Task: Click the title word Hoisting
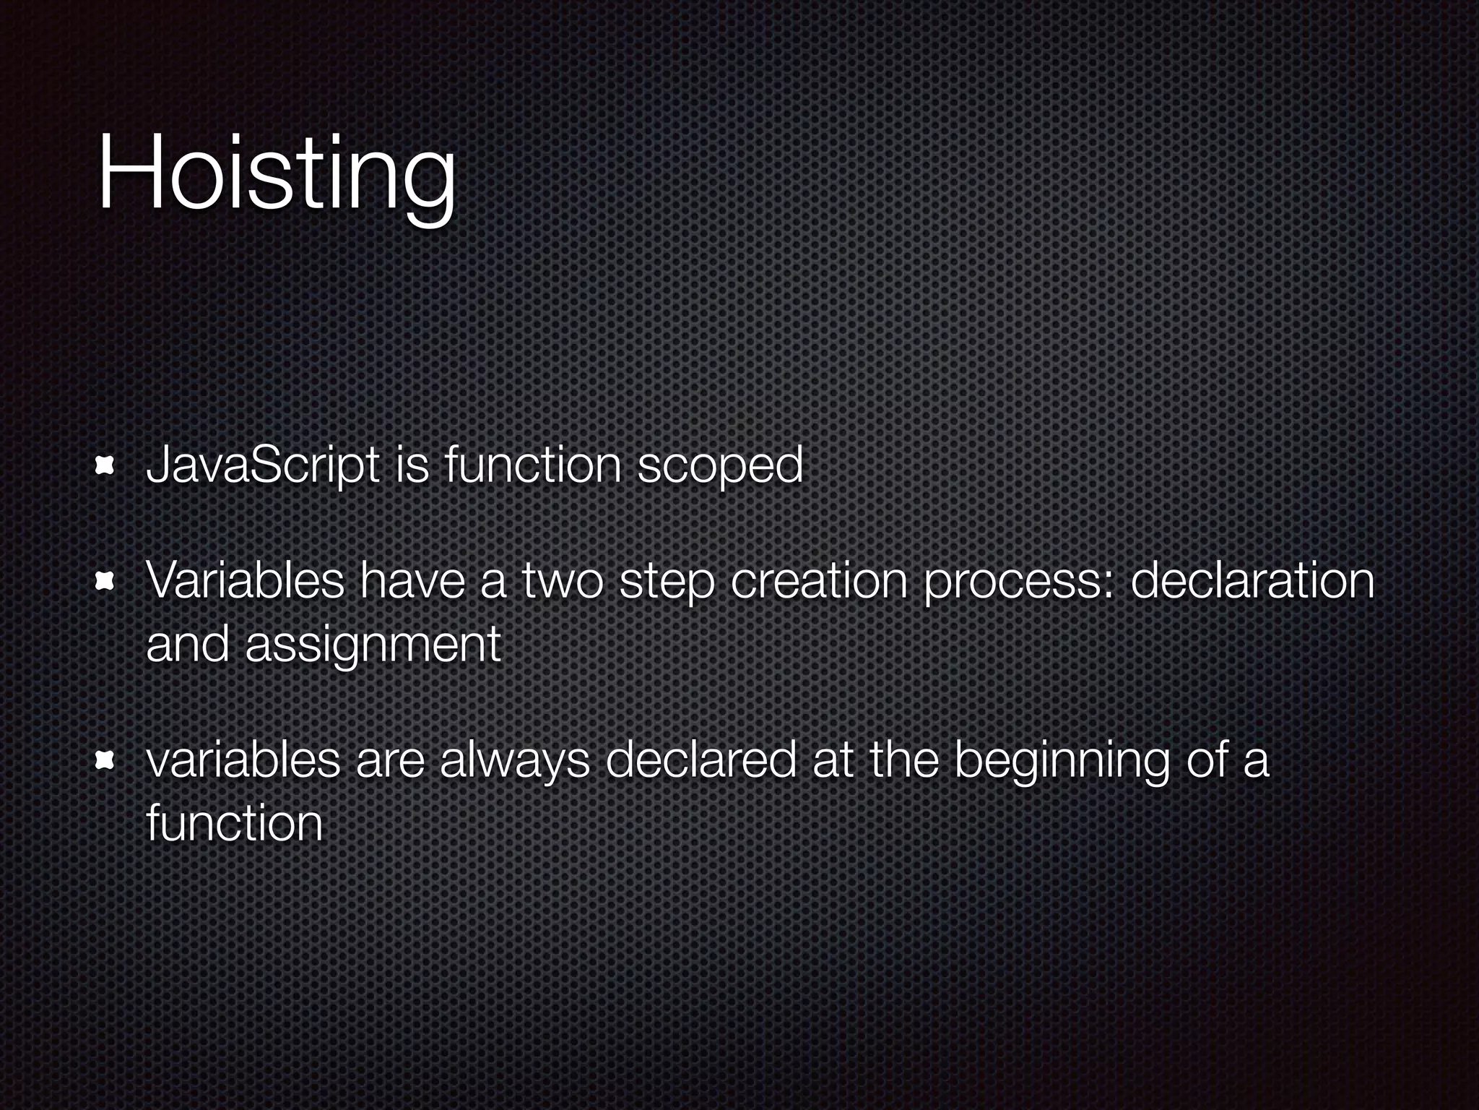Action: coord(277,176)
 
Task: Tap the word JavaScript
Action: coord(263,465)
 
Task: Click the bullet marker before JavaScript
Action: coord(106,466)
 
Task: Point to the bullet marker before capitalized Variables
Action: coord(106,581)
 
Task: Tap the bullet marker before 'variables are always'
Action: coord(106,760)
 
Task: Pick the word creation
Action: coord(819,581)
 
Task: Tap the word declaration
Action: coord(1252,581)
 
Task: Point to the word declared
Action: coord(701,760)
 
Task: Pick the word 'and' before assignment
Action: coord(188,643)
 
